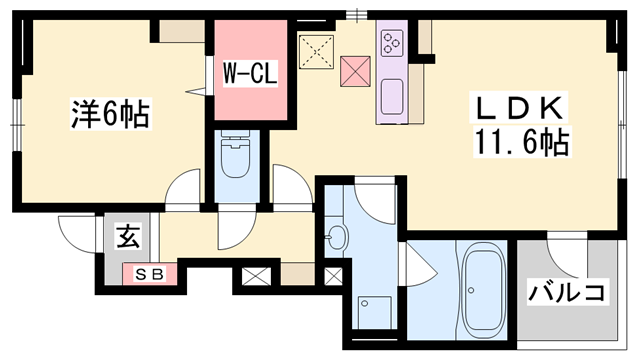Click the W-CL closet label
click(x=250, y=73)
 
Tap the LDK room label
click(x=518, y=108)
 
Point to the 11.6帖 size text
click(x=521, y=142)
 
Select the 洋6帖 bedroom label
click(x=110, y=113)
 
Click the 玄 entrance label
click(x=128, y=237)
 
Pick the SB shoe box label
click(x=149, y=274)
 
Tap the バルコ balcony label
click(x=567, y=292)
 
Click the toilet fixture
click(x=235, y=154)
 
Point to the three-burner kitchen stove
click(x=392, y=43)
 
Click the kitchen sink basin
click(x=392, y=96)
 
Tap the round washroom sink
click(x=339, y=237)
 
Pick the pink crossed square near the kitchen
click(x=355, y=71)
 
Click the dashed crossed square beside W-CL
click(x=316, y=51)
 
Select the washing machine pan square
click(x=375, y=312)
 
